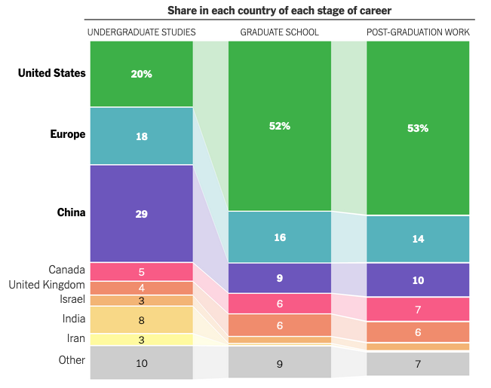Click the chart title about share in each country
(279, 11)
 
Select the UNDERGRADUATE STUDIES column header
(142, 32)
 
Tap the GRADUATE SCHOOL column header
(279, 32)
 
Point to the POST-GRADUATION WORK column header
(418, 32)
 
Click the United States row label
(52, 73)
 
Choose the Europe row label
(68, 134)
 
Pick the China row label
(71, 212)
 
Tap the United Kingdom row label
(47, 285)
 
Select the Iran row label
(75, 338)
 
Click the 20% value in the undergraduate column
(142, 74)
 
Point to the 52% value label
(280, 126)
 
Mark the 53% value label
(418, 128)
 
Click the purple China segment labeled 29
(142, 213)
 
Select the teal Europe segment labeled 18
(142, 136)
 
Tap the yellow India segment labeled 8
(142, 319)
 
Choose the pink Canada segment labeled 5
(142, 271)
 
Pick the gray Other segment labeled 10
(142, 362)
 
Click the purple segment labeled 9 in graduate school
(280, 278)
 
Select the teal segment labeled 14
(418, 239)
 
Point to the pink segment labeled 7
(418, 309)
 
